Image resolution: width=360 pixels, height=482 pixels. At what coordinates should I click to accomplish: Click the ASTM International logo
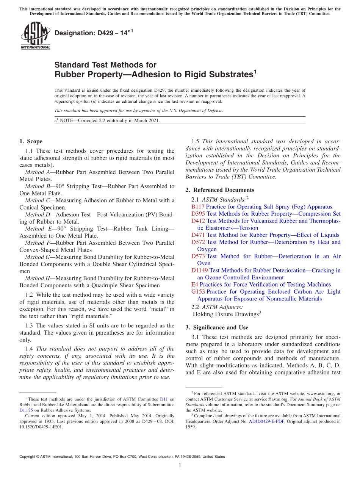pyautogui.click(x=35, y=36)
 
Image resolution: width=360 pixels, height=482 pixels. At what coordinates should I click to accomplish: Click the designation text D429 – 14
pyautogui.click(x=94, y=33)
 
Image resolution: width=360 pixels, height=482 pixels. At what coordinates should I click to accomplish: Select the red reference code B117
pyautogui.click(x=198, y=207)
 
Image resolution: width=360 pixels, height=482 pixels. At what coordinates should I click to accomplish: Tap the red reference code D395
pyautogui.click(x=198, y=214)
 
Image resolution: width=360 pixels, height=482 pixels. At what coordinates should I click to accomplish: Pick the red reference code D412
pyautogui.click(x=198, y=221)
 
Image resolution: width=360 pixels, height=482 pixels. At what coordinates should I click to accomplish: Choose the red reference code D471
pyautogui.click(x=198, y=235)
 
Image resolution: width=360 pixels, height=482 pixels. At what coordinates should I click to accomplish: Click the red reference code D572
pyautogui.click(x=198, y=242)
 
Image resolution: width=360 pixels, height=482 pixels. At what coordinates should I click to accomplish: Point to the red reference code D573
pyautogui.click(x=198, y=257)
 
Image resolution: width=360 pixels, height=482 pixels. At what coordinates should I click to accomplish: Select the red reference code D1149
pyautogui.click(x=200, y=271)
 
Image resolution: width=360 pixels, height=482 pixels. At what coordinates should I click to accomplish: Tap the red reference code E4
pyautogui.click(x=195, y=285)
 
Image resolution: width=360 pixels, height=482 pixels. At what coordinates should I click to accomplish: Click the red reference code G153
pyautogui.click(x=198, y=292)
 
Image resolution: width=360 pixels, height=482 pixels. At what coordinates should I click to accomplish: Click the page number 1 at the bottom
pyautogui.click(x=180, y=466)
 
